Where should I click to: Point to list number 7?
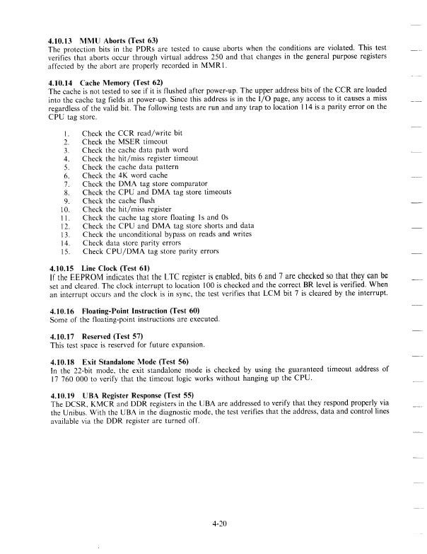[x=66, y=183]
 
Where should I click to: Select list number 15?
[x=64, y=251]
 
